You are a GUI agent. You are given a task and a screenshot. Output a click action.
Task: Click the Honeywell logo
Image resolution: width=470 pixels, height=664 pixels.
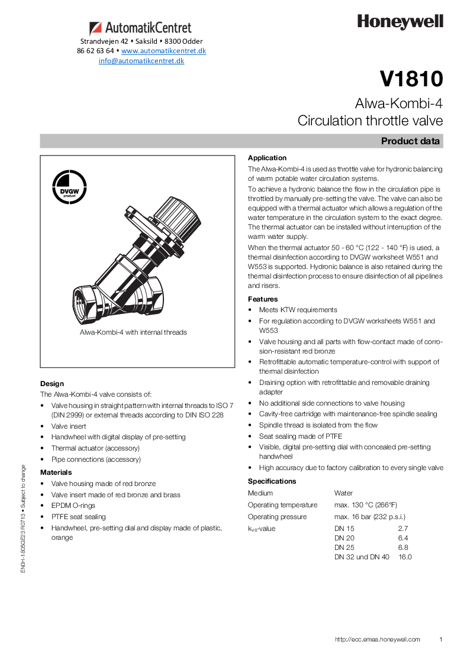click(400, 22)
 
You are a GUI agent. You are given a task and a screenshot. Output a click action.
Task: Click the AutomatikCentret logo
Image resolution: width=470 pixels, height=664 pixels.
click(141, 28)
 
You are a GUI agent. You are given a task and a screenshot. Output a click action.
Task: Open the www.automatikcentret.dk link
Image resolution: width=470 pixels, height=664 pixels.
click(163, 51)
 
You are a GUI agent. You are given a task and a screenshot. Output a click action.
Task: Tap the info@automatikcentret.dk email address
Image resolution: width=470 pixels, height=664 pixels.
click(141, 61)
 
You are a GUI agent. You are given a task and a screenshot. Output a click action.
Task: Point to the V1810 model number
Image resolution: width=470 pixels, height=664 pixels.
click(411, 79)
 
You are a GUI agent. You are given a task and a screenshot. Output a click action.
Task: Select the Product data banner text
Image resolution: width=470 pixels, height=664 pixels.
click(410, 141)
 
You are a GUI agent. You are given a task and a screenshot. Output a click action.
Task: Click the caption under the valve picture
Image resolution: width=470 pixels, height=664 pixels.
click(133, 332)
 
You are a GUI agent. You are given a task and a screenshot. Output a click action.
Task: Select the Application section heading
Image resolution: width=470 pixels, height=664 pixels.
click(267, 158)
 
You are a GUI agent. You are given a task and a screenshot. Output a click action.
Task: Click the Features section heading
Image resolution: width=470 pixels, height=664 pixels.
click(263, 299)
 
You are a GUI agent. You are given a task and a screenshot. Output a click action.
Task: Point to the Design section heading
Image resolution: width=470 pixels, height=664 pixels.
click(52, 384)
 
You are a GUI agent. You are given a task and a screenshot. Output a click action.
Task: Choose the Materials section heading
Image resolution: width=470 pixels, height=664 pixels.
click(56, 472)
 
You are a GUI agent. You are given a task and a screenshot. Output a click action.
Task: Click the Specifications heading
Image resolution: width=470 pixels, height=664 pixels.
click(272, 481)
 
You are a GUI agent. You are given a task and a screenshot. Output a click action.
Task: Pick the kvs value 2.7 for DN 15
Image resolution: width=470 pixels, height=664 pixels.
click(403, 529)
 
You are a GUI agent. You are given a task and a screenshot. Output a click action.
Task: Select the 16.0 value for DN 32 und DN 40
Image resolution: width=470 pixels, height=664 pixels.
click(405, 557)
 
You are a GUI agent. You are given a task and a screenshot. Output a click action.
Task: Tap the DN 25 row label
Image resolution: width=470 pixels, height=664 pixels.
click(345, 548)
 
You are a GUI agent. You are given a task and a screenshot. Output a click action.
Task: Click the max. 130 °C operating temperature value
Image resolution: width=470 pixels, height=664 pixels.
click(365, 505)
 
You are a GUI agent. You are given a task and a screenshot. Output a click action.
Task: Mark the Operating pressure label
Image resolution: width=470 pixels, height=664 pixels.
click(277, 517)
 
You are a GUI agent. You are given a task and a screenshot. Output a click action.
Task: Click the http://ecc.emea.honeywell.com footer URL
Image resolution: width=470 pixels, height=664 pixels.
click(377, 639)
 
